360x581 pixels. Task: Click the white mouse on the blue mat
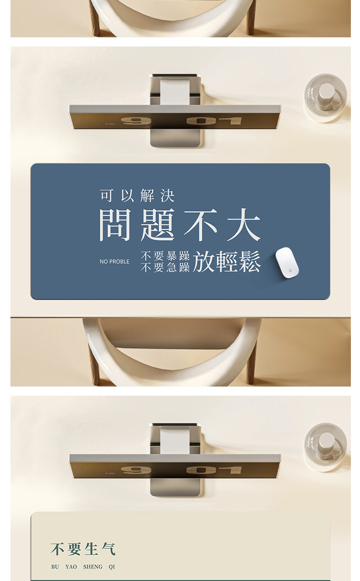pos(287,263)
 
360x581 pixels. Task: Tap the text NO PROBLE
pos(114,262)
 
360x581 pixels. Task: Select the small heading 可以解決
pos(137,196)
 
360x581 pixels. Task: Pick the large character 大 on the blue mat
pos(244,225)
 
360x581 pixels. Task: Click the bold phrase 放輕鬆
pos(226,262)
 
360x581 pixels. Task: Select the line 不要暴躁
pos(165,256)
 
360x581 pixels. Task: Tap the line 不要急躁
pos(165,268)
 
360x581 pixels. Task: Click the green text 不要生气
pos(83,549)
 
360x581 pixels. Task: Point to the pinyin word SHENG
pos(93,567)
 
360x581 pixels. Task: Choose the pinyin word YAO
pos(71,567)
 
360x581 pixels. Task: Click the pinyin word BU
pos(55,567)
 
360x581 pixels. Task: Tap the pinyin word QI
pos(112,567)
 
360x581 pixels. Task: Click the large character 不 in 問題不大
pos(201,225)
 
